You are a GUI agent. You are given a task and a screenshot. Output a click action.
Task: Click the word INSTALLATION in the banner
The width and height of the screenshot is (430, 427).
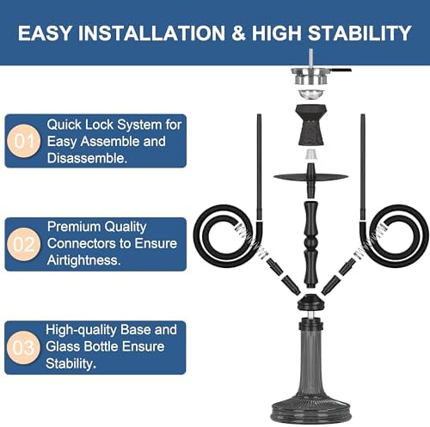coord(151,33)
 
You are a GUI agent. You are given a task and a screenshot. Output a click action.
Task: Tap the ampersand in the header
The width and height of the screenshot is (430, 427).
coord(238,33)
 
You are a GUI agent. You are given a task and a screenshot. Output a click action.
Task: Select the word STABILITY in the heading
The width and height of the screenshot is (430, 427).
coord(359,33)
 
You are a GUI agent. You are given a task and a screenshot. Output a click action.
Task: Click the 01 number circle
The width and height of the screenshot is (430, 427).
coord(24,141)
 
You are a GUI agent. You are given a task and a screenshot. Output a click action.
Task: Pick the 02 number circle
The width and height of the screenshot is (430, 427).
coord(24,244)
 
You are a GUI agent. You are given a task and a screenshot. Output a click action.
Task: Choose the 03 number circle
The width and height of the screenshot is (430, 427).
coord(24,347)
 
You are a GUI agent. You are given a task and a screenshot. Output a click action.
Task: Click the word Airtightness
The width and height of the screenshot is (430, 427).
coord(83,260)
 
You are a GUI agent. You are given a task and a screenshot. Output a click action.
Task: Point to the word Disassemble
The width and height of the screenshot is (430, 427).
coord(87,158)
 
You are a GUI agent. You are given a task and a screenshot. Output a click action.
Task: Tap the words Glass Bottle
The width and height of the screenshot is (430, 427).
coord(83,347)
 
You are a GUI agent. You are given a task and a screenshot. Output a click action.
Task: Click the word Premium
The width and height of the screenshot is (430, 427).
coord(74,227)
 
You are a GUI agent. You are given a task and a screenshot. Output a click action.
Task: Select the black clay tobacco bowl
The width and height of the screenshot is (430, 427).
coord(311,125)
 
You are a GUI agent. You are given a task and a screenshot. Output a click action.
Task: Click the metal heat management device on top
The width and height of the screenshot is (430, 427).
coord(311,75)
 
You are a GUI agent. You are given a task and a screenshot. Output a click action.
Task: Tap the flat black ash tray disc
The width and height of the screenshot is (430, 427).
coord(311,177)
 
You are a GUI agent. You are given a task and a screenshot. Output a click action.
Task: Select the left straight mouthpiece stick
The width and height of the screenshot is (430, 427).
coord(260,167)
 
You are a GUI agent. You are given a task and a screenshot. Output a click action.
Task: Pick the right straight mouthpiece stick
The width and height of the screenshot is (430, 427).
coord(363,167)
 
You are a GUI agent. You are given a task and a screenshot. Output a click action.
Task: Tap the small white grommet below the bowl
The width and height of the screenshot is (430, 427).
coord(311,155)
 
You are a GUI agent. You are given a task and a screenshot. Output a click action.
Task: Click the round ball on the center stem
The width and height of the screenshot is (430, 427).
coord(311,243)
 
